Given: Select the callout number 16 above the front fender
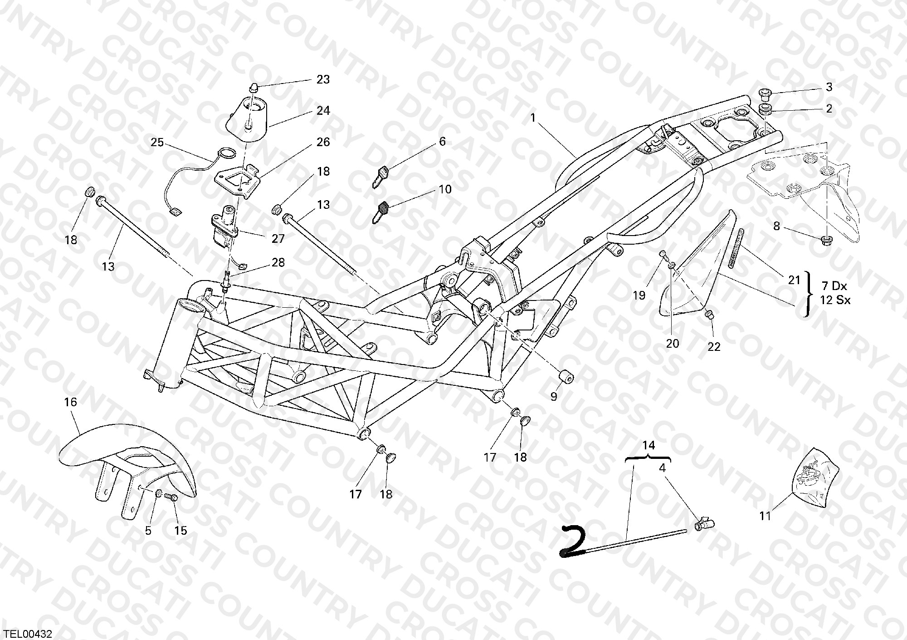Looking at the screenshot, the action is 71,402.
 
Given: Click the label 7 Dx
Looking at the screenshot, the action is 834,286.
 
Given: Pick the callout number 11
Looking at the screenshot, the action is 766,516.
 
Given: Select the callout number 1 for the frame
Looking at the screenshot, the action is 533,118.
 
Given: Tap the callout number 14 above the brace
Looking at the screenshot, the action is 649,445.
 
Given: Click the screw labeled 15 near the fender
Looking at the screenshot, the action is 171,497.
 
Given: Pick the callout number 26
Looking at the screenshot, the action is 323,143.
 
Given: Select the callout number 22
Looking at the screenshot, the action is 714,347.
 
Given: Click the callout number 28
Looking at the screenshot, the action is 278,263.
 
